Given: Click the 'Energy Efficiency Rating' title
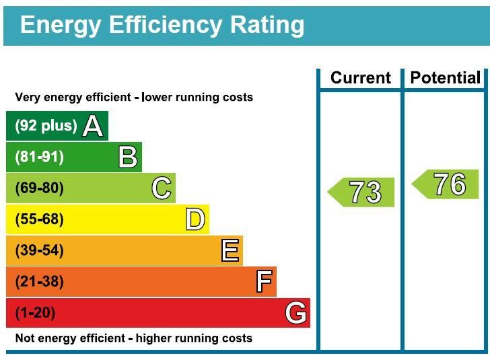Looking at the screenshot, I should tap(162, 25).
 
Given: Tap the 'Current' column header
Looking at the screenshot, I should tap(360, 78).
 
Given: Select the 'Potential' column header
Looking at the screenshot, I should tap(446, 78).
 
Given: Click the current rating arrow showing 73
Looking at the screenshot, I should tap(362, 192).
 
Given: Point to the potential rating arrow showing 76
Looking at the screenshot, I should tap(446, 184).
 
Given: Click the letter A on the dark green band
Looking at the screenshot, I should tap(93, 126).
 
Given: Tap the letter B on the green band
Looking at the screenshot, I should tap(128, 157).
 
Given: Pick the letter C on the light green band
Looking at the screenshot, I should tap(162, 188).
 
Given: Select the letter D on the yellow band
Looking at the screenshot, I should tap(195, 219).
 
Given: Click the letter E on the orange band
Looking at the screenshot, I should tap(230, 250).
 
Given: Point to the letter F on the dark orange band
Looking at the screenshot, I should tap(264, 281).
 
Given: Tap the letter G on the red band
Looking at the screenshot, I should tap(296, 313).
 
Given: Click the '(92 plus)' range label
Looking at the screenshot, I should tap(46, 126).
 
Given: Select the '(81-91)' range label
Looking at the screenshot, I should tap(39, 157).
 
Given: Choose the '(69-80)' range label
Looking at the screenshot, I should tap(39, 188).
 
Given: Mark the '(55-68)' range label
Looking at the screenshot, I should tap(39, 219).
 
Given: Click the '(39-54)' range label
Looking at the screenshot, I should tap(39, 250).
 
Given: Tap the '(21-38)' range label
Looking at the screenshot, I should tap(39, 281).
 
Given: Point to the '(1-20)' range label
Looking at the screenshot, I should tap(35, 313).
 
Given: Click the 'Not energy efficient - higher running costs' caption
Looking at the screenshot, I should tap(133, 338).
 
